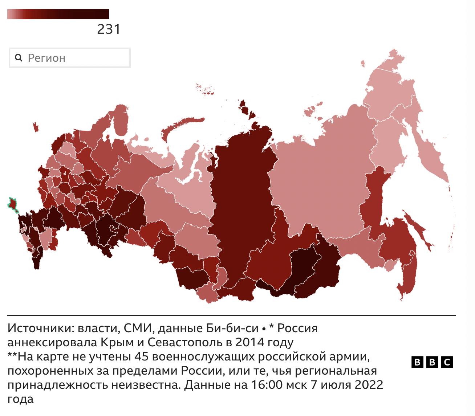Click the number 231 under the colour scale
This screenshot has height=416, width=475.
coord(109,29)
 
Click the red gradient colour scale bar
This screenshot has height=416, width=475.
coord(58,14)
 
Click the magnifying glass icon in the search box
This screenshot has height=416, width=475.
coord(19,58)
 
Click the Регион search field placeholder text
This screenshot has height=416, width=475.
coord(46,58)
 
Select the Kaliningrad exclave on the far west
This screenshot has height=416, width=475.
coord(36,127)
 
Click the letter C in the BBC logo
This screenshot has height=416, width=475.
coord(447,362)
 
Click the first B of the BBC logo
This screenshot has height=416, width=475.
coord(417,362)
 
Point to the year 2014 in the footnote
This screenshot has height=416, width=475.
coord(249,342)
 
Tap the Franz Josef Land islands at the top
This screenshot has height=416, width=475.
coord(205,89)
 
